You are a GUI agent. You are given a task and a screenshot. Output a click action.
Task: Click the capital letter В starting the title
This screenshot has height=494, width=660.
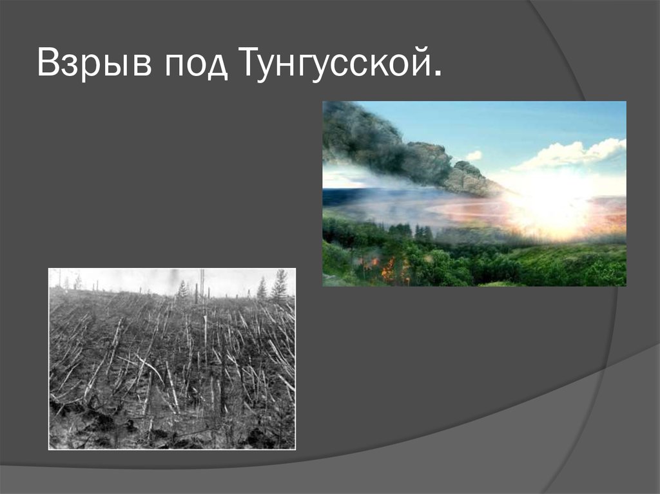pos(47,64)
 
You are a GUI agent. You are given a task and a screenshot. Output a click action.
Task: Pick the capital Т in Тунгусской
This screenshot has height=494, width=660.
pos(251,64)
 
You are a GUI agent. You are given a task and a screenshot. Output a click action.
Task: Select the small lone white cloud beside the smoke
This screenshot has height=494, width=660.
pos(474,155)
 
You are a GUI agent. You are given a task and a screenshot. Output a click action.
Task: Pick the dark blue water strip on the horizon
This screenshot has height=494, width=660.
pos(342,196)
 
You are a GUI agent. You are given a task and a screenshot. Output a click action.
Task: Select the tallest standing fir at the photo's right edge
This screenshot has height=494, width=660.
pos(280,285)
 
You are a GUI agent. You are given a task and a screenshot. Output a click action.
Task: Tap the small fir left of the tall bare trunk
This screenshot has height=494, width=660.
pos(182,290)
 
